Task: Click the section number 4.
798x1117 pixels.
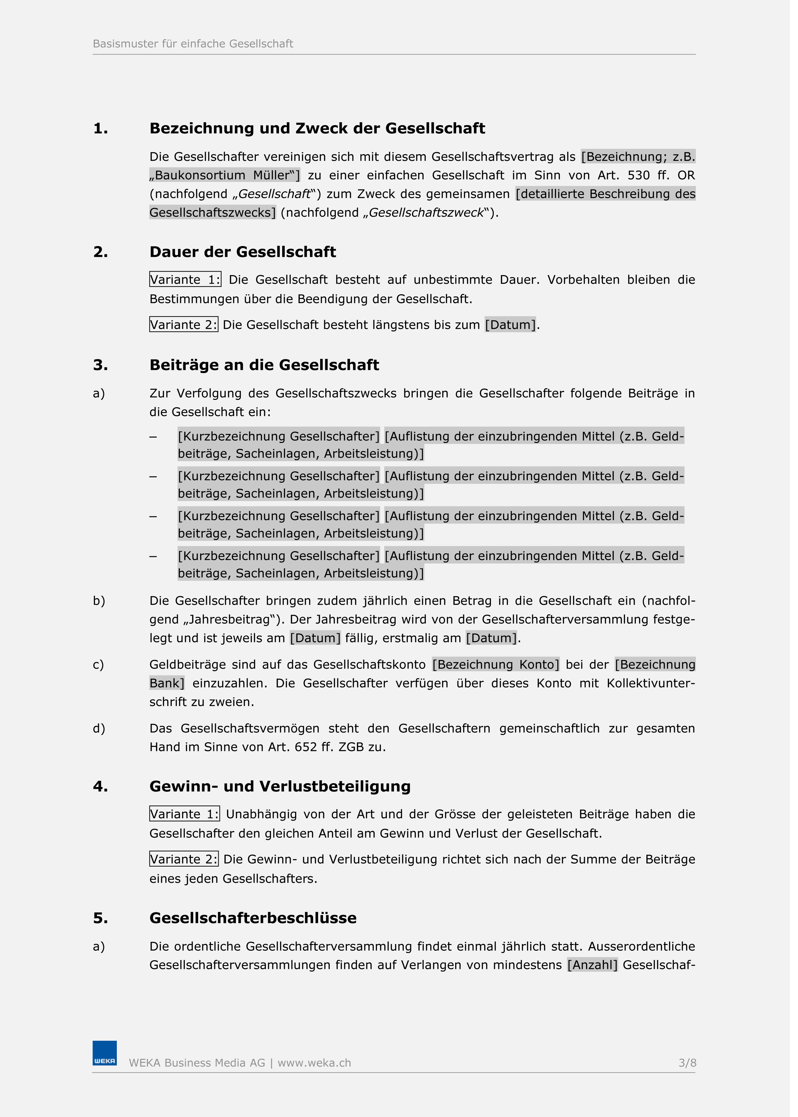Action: (101, 786)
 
